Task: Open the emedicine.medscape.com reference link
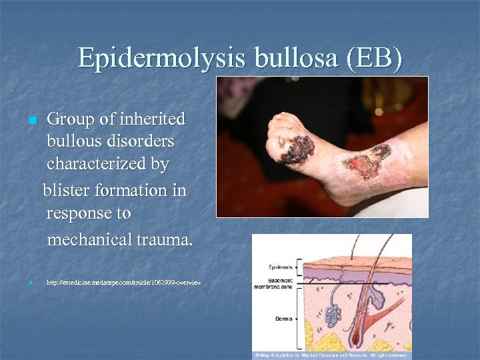[x=123, y=283]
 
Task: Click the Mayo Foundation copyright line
[x=331, y=355]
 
